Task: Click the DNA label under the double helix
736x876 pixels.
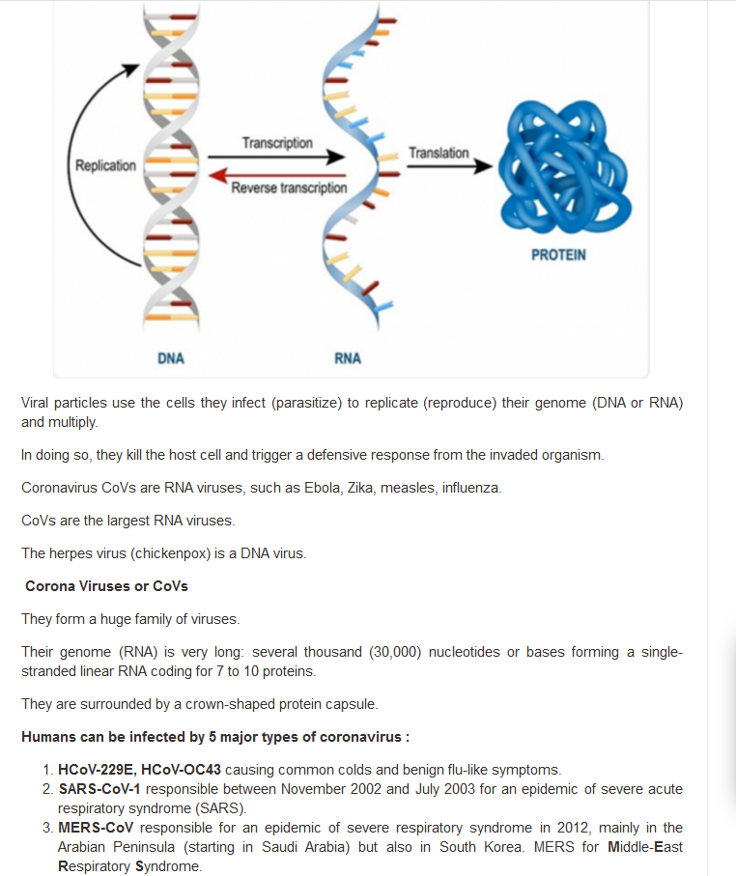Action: (170, 358)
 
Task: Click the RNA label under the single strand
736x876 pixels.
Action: (348, 358)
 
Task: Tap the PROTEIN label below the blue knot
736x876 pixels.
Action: (558, 255)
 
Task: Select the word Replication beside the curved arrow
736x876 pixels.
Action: (105, 165)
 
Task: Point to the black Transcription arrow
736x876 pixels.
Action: (276, 157)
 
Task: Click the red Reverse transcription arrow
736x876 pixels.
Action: (276, 176)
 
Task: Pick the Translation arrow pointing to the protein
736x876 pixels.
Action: (450, 166)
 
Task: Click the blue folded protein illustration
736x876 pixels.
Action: (564, 166)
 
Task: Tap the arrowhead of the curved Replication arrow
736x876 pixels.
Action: (132, 70)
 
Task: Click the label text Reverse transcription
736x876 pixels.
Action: (289, 187)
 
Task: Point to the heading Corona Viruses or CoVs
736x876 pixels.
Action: (107, 586)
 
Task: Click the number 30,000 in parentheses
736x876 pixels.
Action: (395, 652)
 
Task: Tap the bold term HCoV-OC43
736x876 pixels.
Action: (181, 770)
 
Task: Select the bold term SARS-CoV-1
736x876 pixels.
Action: (99, 789)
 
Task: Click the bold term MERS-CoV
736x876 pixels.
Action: (96, 828)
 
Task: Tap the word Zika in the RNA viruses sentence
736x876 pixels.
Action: (360, 488)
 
